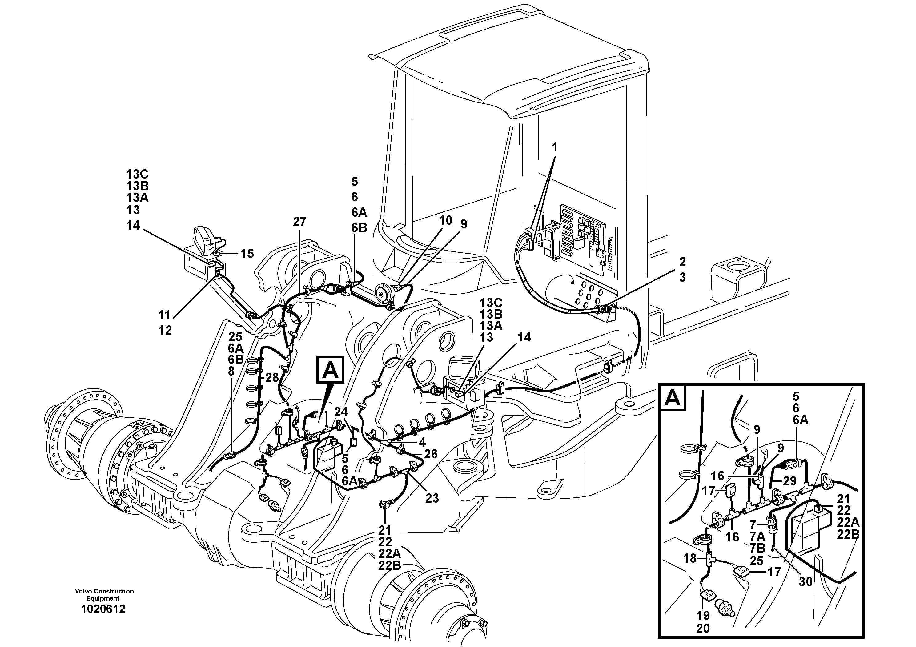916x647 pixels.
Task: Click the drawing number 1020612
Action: click(103, 609)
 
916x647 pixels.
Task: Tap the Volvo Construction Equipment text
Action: click(104, 594)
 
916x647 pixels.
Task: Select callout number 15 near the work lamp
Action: click(247, 253)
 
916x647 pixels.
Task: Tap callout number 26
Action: click(431, 454)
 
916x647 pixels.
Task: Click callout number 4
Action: click(422, 442)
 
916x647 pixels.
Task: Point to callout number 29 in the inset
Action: click(789, 481)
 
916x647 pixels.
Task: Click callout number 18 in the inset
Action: click(689, 558)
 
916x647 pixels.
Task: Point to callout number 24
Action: click(341, 411)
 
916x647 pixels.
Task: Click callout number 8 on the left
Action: click(231, 371)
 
